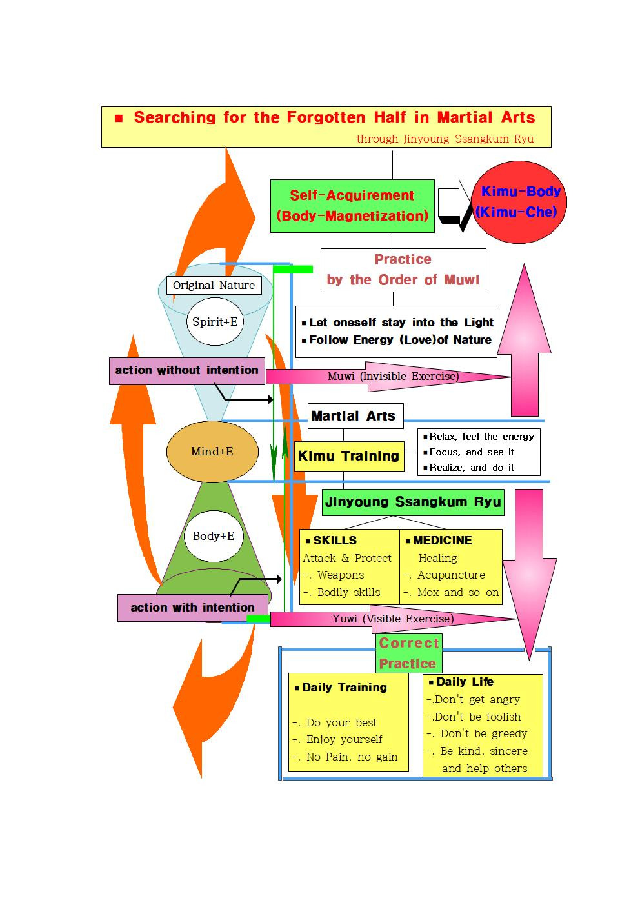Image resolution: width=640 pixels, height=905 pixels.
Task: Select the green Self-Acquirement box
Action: tap(352, 206)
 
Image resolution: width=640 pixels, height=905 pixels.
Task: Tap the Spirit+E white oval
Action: tap(215, 321)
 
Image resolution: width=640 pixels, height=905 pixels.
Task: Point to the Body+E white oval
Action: tap(214, 536)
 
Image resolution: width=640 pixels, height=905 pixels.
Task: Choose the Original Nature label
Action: tap(214, 285)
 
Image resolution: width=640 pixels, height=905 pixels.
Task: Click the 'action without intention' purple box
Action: tap(186, 371)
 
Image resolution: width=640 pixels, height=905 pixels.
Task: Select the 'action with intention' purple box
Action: tap(192, 608)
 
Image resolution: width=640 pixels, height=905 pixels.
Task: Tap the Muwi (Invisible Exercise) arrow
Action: tap(393, 377)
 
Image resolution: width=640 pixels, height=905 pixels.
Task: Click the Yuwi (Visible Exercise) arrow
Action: tap(393, 619)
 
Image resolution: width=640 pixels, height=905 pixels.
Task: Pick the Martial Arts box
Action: tap(353, 416)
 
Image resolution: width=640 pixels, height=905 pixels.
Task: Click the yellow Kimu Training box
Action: tap(348, 456)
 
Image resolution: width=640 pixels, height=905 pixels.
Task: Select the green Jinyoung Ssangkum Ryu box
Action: tap(413, 502)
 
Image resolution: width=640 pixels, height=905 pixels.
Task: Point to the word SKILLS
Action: tap(334, 541)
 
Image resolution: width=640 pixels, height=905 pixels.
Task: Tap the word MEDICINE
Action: tap(442, 541)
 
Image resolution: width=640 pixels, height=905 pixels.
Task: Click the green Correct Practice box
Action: tap(408, 653)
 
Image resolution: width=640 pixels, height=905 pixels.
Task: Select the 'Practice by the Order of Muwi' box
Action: tap(403, 270)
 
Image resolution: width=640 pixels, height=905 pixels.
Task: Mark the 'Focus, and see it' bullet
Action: tap(472, 452)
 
